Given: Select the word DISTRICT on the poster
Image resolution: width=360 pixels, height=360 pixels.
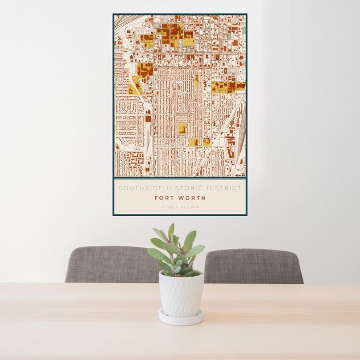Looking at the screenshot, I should coord(223,188).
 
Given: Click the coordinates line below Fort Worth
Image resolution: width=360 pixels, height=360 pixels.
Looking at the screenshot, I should coord(179,207).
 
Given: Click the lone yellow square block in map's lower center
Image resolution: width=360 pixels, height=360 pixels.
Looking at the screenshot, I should coord(183,129).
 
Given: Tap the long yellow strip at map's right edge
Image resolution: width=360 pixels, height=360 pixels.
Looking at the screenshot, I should coord(228,87).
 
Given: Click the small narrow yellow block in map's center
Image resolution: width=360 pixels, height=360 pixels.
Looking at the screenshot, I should coord(196,81).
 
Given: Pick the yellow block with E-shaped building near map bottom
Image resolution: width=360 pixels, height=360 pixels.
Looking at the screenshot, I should coord(193,142).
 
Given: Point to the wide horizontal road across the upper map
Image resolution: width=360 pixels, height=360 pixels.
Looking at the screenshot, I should coord(180,53).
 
